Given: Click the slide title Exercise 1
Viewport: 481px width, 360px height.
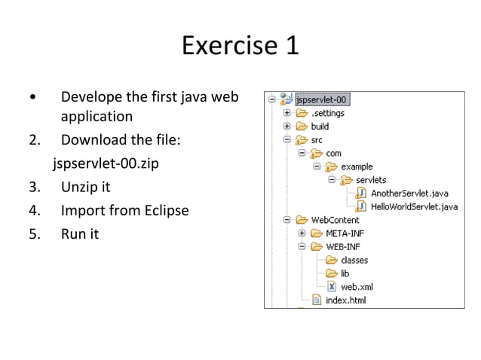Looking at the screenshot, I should click(240, 45).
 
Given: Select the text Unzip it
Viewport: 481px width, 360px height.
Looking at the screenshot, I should click(85, 187).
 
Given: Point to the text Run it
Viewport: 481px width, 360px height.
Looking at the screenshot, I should click(80, 233).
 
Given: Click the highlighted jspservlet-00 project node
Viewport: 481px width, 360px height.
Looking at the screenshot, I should click(323, 99).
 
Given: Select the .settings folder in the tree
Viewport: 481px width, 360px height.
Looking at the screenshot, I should click(327, 113).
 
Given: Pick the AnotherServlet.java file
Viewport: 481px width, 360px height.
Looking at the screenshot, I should click(409, 193).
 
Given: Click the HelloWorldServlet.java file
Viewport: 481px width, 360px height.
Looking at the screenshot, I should click(414, 206).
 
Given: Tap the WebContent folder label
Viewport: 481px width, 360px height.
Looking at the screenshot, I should click(335, 220).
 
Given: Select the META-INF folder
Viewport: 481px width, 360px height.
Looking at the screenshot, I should click(345, 233).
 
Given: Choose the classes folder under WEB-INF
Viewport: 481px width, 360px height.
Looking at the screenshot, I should click(354, 260).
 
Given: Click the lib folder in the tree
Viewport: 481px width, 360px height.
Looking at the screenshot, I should click(345, 273).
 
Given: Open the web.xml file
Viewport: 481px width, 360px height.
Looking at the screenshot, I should click(357, 287).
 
